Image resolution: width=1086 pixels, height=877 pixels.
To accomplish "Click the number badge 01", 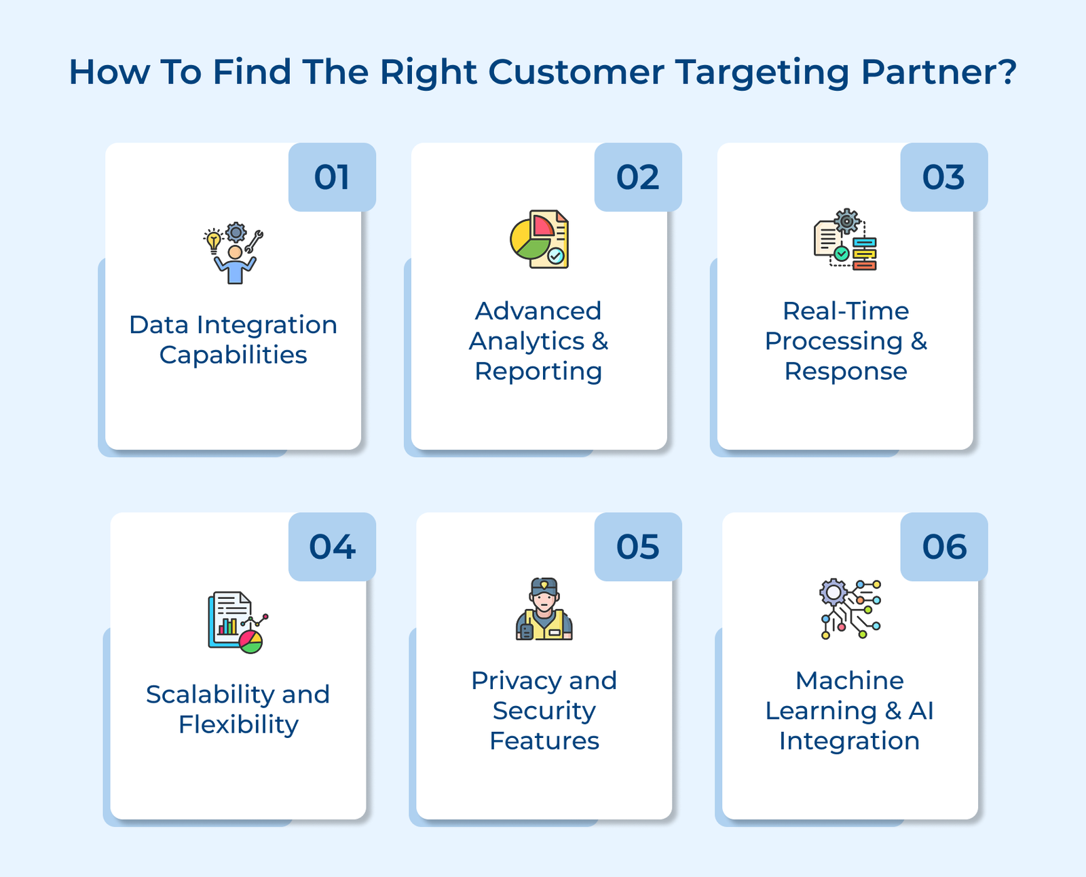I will [x=332, y=177].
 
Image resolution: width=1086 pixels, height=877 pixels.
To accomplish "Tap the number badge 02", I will [x=637, y=177].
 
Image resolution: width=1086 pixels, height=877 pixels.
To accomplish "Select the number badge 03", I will [x=943, y=177].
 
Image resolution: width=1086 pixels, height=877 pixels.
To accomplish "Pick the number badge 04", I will [x=332, y=547].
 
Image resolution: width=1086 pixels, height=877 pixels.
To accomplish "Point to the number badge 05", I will [x=637, y=547].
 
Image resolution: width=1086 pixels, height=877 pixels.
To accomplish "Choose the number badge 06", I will [x=943, y=547].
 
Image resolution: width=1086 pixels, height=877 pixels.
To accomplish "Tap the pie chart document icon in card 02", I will [x=540, y=239].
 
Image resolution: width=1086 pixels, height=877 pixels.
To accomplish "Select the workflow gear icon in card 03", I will [x=845, y=239].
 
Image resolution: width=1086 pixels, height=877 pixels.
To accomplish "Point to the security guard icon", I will [x=544, y=609].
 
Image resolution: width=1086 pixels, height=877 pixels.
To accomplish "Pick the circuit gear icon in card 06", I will [x=850, y=609].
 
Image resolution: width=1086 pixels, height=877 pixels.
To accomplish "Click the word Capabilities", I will [x=233, y=355].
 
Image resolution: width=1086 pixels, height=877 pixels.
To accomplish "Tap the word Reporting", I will [x=538, y=371].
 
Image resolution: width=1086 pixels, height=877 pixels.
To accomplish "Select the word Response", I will [x=846, y=371].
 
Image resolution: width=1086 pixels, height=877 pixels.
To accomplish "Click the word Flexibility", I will [x=238, y=724].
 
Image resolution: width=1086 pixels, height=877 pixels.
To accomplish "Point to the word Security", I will [x=544, y=710].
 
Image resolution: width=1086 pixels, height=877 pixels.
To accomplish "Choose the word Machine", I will [x=850, y=680].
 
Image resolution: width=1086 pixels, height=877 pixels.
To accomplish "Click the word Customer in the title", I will [x=576, y=72].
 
